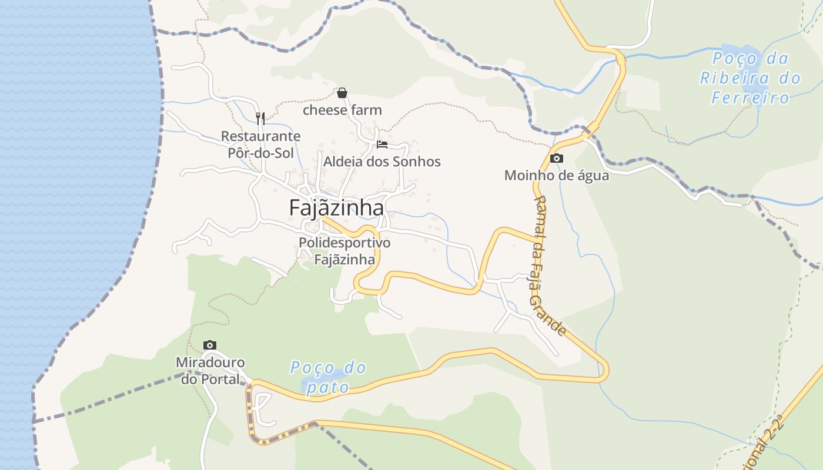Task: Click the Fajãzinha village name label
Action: pos(336,208)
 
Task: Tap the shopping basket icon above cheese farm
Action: pos(342,93)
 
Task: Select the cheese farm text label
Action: pos(342,110)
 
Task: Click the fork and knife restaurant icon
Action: pos(260,119)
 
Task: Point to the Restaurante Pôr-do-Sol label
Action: pos(260,145)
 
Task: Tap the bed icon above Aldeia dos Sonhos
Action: pos(382,145)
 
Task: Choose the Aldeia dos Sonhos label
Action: pos(382,162)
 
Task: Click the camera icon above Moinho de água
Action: pos(556,159)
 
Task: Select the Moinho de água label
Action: pos(557,175)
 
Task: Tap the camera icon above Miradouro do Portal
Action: pos(210,345)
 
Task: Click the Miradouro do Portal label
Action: pos(210,371)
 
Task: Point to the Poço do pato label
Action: pos(328,377)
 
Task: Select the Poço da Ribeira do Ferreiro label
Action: pos(750,78)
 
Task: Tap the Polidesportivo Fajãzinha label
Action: pos(344,251)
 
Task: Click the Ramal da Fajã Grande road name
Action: pos(549,266)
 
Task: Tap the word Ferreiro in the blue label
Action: pos(750,98)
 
